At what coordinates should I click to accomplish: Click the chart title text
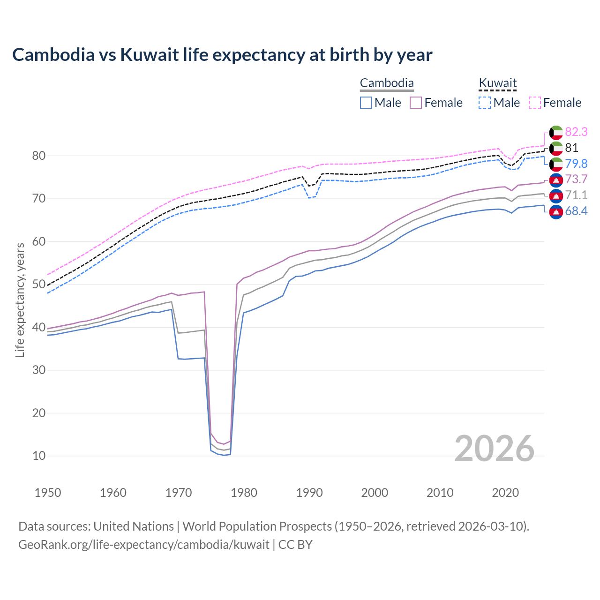222,55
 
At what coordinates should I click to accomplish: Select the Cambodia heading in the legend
387,83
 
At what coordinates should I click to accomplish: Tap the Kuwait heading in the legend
497,83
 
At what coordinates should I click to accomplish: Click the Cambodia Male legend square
366,103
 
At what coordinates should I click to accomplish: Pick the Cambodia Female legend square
416,103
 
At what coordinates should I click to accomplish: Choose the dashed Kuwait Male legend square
485,103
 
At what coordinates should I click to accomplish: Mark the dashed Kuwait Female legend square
535,103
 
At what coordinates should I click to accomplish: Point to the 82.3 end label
576,132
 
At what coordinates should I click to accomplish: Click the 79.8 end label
576,164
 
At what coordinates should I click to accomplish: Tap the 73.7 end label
576,179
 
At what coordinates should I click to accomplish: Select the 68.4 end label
576,211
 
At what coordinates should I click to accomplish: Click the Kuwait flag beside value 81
556,148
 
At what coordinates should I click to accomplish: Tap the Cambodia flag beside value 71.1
556,195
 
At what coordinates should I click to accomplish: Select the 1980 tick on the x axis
244,493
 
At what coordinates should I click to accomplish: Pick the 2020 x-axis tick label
505,493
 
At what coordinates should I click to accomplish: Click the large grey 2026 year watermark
495,449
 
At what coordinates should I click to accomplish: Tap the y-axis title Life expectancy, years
20,300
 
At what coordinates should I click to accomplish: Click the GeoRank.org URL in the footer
144,545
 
